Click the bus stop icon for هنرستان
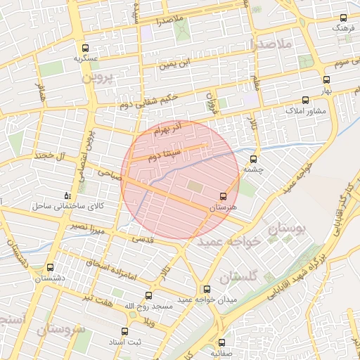click(x=224, y=195)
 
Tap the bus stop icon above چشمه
click(x=253, y=158)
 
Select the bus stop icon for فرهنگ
click(x=343, y=18)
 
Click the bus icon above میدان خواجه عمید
click(x=206, y=289)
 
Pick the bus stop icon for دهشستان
click(x=50, y=267)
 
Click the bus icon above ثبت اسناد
click(x=124, y=331)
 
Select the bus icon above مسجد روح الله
click(x=148, y=295)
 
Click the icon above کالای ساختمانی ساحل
click(x=67, y=194)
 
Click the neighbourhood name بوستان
click(x=288, y=229)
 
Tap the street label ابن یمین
click(x=175, y=65)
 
